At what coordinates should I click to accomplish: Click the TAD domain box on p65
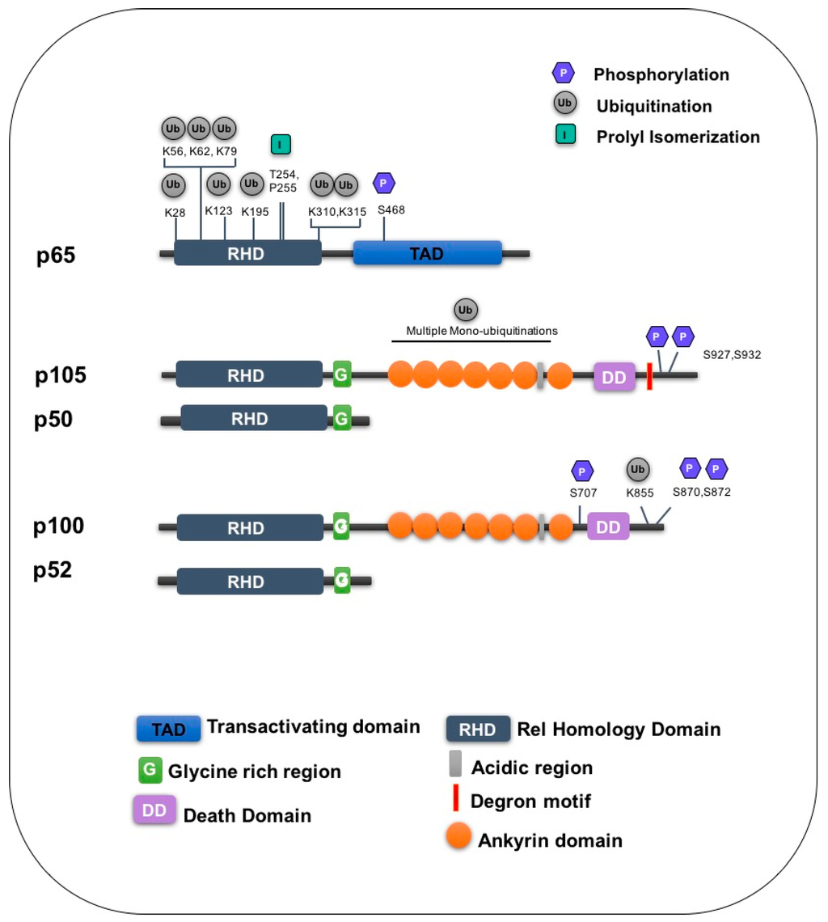(427, 253)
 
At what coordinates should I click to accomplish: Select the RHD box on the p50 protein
(250, 419)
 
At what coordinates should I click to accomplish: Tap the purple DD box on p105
(615, 375)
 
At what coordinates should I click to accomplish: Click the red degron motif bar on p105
(648, 376)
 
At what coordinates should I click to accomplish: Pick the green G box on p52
(342, 580)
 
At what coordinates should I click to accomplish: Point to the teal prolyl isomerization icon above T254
(281, 145)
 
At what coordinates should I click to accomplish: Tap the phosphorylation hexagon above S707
(582, 470)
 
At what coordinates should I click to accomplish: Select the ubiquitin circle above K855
(638, 469)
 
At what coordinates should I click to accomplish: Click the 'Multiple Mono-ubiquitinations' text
(482, 331)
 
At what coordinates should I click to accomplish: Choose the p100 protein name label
(59, 526)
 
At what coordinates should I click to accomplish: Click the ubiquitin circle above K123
(218, 184)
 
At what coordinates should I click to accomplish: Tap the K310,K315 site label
(336, 211)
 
